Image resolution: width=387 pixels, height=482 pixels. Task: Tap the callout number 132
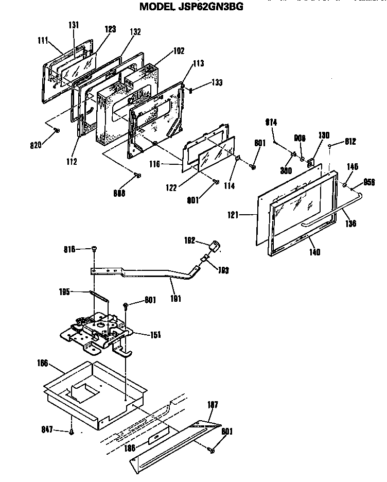pos(135,31)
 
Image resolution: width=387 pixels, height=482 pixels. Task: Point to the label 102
pos(179,50)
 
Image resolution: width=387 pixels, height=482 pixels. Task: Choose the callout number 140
pos(315,252)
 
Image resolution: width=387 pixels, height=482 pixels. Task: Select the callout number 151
pos(155,335)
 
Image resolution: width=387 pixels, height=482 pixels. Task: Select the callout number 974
pos(271,122)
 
